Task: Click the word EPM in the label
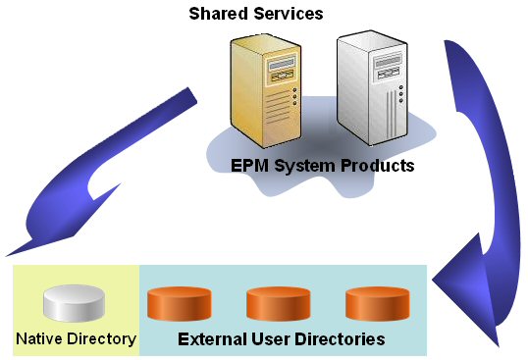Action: [x=248, y=165]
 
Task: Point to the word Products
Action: [x=378, y=165]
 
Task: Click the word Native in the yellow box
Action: [x=39, y=339]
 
